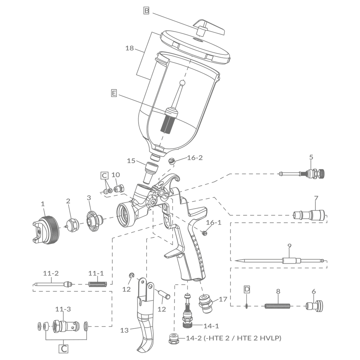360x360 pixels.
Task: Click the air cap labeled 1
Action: point(46,230)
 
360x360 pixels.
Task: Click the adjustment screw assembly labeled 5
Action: point(302,174)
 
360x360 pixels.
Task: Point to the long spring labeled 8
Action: point(277,306)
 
